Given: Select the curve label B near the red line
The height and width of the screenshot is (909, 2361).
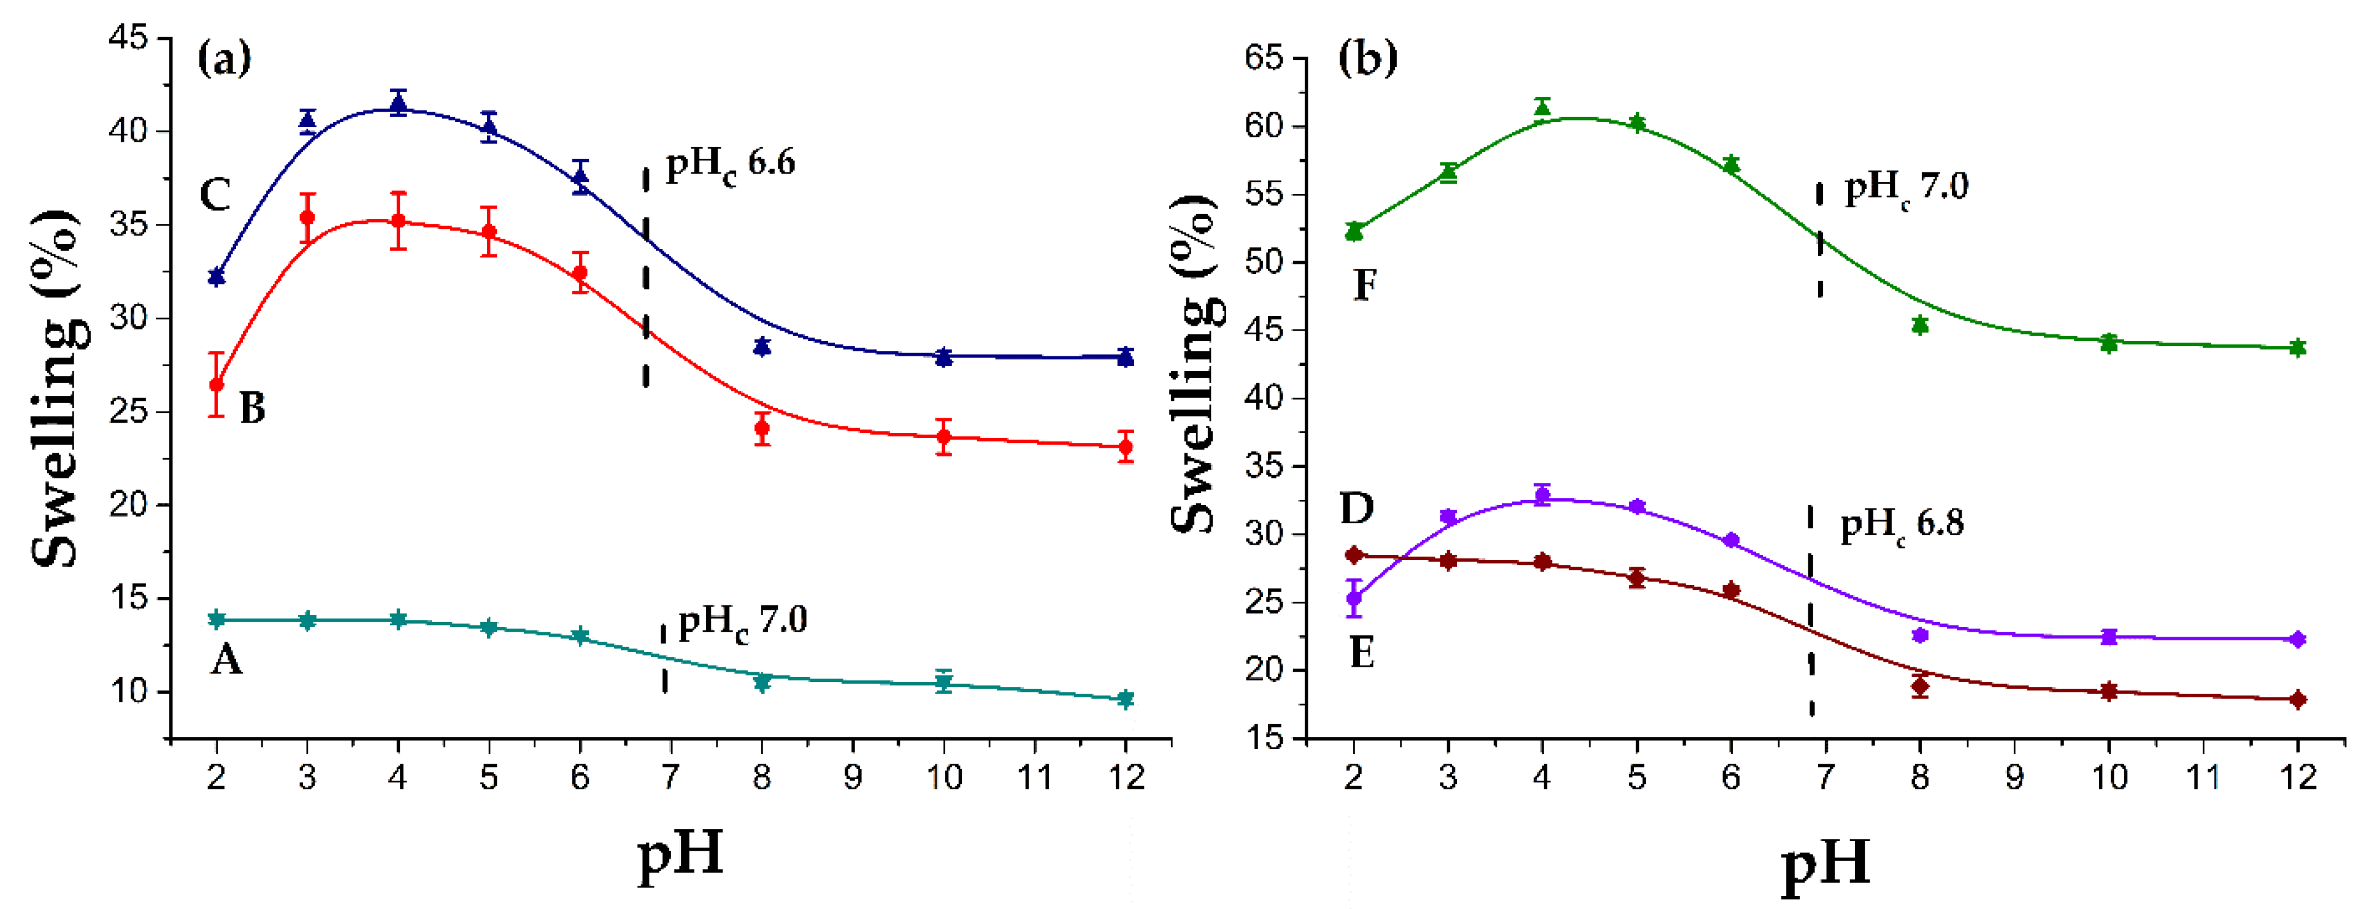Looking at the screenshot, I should (x=253, y=408).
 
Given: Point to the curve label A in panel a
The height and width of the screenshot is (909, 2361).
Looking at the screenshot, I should (x=226, y=659).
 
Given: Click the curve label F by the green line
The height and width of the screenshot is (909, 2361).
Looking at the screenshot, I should (x=1365, y=285).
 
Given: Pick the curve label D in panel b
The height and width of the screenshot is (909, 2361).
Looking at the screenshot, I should (x=1357, y=508).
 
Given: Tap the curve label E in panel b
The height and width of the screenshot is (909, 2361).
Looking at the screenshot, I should (x=1362, y=653).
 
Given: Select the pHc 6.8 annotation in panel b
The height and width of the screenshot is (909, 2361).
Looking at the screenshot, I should (x=1902, y=525).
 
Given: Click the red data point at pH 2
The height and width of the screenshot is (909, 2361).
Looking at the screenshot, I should (x=217, y=385).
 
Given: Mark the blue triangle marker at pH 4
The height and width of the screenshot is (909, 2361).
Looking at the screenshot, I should (x=397, y=104).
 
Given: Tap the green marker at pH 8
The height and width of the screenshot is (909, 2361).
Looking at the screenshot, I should (x=1920, y=325).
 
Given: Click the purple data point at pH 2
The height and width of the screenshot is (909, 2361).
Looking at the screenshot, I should (x=1354, y=599).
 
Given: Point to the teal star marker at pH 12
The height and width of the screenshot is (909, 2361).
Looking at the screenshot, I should (x=1126, y=699).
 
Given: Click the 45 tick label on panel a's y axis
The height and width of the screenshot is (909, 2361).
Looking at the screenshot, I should (x=128, y=39).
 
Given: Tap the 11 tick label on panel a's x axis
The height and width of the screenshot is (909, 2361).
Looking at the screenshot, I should (x=1035, y=778).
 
